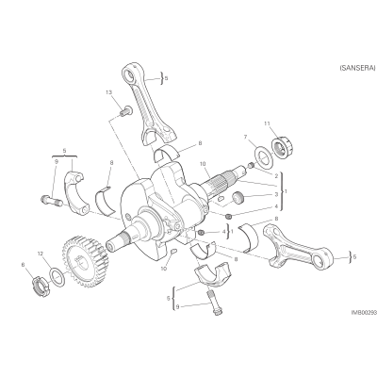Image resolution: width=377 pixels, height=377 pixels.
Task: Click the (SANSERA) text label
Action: pyautogui.click(x=357, y=68)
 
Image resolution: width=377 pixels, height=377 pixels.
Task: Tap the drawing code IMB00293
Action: pyautogui.click(x=364, y=313)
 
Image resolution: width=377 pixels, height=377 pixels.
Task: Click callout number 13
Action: pyautogui.click(x=108, y=92)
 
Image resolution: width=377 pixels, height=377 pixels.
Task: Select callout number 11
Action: pyautogui.click(x=267, y=123)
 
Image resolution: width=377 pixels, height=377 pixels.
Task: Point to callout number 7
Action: pyautogui.click(x=245, y=137)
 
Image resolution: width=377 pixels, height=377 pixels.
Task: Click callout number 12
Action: pyautogui.click(x=40, y=254)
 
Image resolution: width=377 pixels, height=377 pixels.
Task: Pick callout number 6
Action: pyautogui.click(x=23, y=265)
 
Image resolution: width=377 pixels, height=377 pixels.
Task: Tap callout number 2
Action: pyautogui.click(x=276, y=176)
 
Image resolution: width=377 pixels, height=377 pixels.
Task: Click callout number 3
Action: pyautogui.click(x=276, y=194)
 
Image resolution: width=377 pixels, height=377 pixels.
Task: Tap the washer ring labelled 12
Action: pyautogui.click(x=57, y=277)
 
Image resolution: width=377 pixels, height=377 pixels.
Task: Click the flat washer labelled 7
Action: pyautogui.click(x=262, y=156)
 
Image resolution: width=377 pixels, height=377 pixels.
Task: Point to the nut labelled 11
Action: pyautogui.click(x=282, y=146)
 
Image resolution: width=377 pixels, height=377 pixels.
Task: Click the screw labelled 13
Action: pyautogui.click(x=125, y=111)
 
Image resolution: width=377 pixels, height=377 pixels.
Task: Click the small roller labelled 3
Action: pyautogui.click(x=238, y=199)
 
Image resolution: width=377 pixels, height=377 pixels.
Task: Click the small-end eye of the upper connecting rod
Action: pyautogui.click(x=129, y=75)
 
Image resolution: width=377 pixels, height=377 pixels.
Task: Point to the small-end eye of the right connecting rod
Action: pyautogui.click(x=324, y=258)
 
